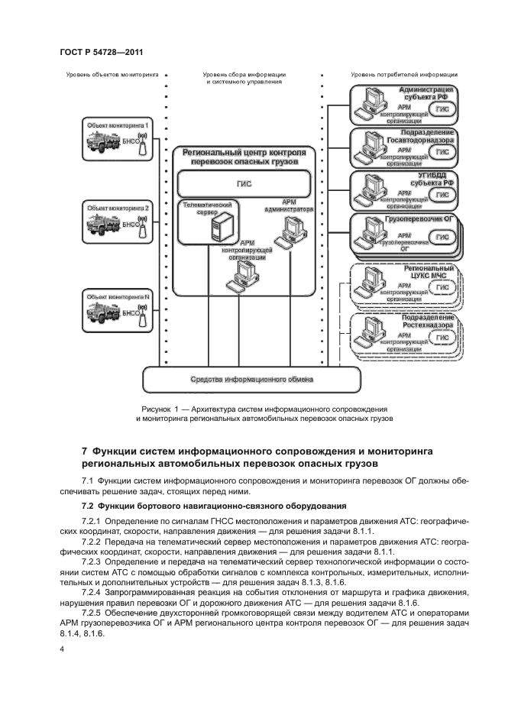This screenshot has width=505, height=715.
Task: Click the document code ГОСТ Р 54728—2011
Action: point(102,52)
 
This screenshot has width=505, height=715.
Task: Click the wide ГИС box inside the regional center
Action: point(244,184)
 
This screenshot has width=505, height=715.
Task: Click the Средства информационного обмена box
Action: point(251,379)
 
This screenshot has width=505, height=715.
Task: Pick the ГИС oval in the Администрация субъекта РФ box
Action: point(442,109)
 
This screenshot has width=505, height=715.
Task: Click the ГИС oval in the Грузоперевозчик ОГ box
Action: point(442,238)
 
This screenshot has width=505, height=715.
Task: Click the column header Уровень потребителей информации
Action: point(404,75)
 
